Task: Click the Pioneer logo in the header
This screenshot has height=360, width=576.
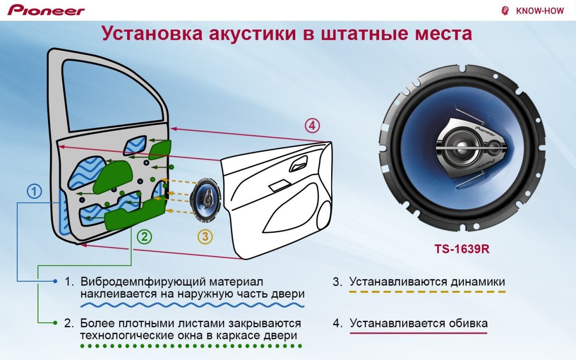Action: click(x=46, y=10)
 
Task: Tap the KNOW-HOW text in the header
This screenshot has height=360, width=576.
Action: click(x=540, y=11)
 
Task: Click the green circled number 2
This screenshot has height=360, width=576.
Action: click(x=144, y=236)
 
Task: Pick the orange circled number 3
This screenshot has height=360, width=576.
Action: click(x=205, y=236)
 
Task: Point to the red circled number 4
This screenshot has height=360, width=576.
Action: click(x=312, y=126)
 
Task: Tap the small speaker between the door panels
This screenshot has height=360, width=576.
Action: click(x=205, y=198)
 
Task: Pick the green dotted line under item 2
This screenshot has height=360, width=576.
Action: click(x=192, y=346)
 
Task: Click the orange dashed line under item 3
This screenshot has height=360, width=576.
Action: click(x=427, y=291)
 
